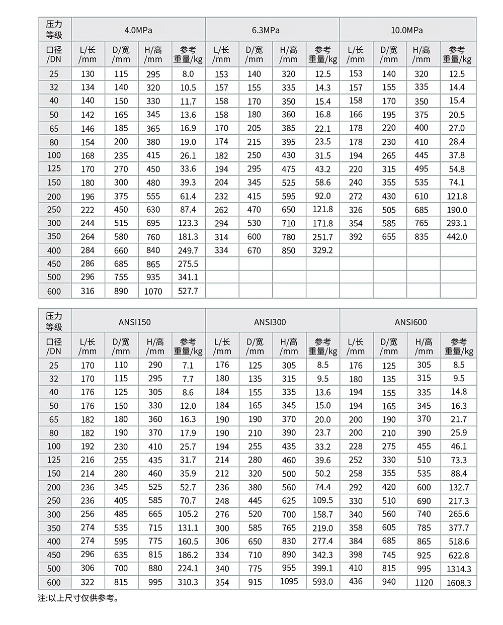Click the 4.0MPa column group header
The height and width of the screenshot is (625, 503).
tap(138, 30)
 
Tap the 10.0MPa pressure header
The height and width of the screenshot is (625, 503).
tap(407, 30)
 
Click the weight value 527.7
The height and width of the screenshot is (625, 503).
tap(188, 291)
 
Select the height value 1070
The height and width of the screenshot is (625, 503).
tap(153, 291)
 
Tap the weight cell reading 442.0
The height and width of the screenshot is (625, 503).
tap(457, 237)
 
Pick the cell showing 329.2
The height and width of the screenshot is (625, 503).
tap(322, 250)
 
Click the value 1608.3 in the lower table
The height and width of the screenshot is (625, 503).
tap(459, 583)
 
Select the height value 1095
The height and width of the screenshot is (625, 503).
tap(289, 582)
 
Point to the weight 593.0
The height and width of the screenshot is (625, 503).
tap(322, 582)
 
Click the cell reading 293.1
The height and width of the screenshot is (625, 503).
tap(457, 223)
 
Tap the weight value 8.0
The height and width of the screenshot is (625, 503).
tap(188, 74)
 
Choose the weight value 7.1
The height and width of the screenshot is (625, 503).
tap(188, 366)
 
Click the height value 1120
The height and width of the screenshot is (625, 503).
tap(424, 582)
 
